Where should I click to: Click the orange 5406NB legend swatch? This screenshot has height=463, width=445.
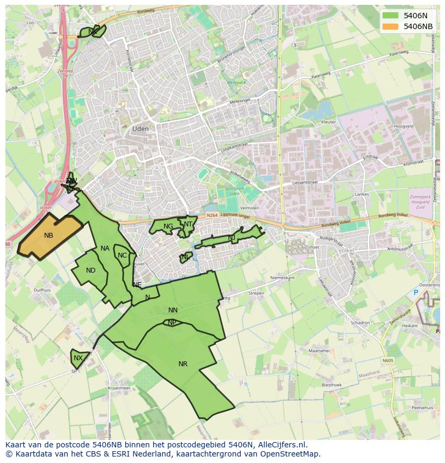pos(391,26)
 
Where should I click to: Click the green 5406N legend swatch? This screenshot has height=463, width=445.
pos(391,16)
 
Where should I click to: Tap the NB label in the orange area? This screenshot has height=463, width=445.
pos(49,236)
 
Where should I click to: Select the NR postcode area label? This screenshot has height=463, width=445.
pos(183,364)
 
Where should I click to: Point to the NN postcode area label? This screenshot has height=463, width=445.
pos(173,310)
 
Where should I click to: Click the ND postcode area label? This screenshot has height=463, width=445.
pos(91,270)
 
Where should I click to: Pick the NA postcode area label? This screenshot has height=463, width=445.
pos(105,248)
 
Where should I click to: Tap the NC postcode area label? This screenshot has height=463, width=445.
pos(122,255)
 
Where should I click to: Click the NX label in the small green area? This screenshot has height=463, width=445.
pos(78,358)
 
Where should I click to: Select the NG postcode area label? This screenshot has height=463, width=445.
pos(168,226)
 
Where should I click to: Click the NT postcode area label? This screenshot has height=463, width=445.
pos(188,224)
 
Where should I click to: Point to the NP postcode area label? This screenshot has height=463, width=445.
pos(172,323)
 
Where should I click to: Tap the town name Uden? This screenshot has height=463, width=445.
pos(140,129)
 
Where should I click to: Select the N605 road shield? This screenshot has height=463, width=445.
pos(388,361)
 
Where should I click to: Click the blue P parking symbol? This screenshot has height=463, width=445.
pos(415,293)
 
